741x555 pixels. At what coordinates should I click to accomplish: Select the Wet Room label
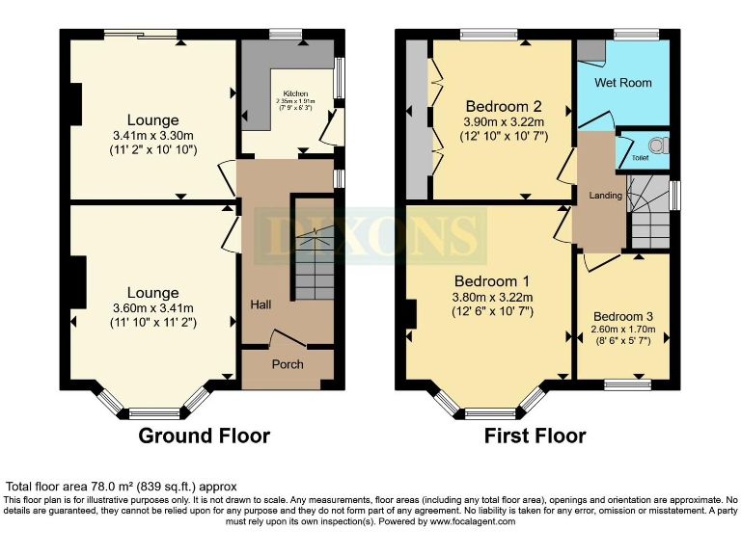click(622, 83)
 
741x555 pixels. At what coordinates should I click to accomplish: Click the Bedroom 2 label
click(502, 106)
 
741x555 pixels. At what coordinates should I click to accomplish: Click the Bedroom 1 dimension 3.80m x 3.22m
click(493, 297)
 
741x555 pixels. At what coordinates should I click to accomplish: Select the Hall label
click(261, 304)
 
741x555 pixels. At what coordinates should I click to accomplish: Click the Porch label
click(288, 364)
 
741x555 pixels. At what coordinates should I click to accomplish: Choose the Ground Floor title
click(205, 436)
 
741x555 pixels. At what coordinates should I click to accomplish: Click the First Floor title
click(535, 436)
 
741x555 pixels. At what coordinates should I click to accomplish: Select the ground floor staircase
click(314, 252)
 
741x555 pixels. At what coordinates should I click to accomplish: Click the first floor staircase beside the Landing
click(648, 214)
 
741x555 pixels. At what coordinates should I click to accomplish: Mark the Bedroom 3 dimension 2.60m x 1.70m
click(623, 330)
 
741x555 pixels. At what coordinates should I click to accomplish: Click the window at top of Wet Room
click(636, 36)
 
